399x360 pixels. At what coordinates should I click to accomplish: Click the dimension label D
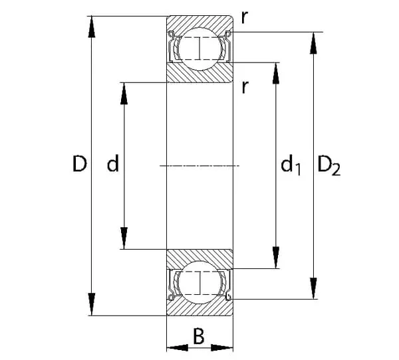[x=80, y=164]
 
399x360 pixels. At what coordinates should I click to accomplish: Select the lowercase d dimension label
[x=113, y=164]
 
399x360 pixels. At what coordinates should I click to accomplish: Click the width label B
[x=198, y=337]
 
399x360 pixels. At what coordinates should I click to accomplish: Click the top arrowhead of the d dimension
[x=124, y=93]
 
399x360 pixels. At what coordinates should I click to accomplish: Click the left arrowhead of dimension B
[x=175, y=347]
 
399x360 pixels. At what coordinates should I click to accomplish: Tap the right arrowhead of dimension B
[x=224, y=347]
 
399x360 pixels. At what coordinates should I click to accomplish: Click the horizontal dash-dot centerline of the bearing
[x=199, y=165]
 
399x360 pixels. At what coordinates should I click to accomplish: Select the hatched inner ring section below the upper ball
[x=199, y=72]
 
